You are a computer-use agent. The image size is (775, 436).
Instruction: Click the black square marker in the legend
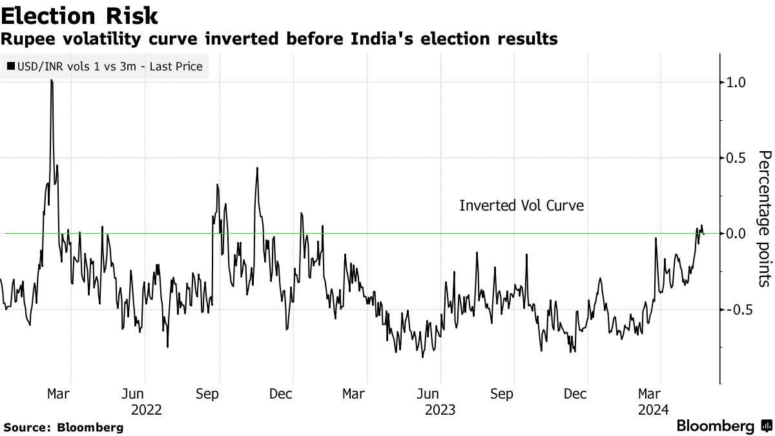click(x=12, y=66)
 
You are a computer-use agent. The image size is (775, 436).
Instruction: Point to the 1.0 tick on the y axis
click(x=737, y=82)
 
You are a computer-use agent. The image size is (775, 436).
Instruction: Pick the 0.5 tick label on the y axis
click(x=737, y=158)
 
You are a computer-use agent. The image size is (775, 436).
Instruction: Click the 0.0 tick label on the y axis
click(x=737, y=233)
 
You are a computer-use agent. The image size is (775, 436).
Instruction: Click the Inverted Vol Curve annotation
click(x=521, y=206)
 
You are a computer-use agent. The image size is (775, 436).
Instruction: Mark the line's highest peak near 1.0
click(x=51, y=81)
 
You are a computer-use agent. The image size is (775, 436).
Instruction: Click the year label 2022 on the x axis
click(x=147, y=410)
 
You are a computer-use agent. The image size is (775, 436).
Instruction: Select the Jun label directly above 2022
click(x=133, y=393)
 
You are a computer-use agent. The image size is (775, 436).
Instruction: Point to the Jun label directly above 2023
click(x=428, y=393)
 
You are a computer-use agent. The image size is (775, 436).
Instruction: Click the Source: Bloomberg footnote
click(x=63, y=427)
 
